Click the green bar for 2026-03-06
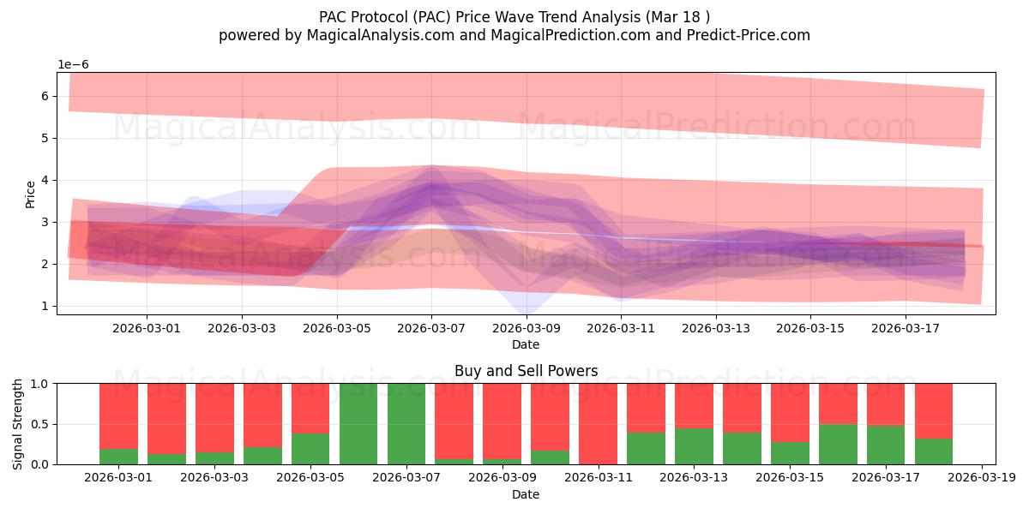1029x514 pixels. tap(358, 423)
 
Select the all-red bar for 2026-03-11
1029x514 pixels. tap(599, 423)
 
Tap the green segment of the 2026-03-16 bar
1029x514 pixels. tap(838, 445)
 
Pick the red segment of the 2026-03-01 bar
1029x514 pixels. tap(118, 416)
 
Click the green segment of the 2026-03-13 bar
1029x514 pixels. tap(694, 446)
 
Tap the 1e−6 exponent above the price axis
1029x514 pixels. tap(73, 65)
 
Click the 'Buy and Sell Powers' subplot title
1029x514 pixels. tap(526, 371)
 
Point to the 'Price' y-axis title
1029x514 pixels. tap(30, 194)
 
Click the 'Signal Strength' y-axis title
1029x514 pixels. tap(17, 424)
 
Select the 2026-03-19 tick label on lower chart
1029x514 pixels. tap(982, 477)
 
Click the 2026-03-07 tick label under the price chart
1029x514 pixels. tap(431, 329)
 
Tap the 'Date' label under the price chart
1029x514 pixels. tap(526, 344)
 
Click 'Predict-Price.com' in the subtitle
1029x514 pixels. tap(749, 35)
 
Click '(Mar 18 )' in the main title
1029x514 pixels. tap(677, 17)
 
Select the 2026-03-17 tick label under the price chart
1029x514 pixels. tap(906, 329)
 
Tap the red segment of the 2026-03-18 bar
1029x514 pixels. tap(934, 410)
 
